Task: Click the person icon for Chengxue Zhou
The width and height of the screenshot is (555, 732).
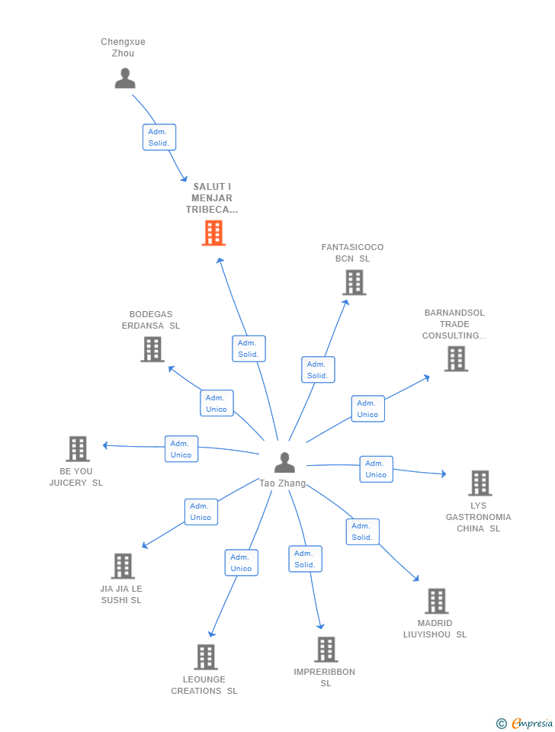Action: (125, 78)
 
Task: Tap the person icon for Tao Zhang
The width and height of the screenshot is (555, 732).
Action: (284, 463)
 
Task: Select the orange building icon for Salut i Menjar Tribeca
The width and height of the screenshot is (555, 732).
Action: (213, 233)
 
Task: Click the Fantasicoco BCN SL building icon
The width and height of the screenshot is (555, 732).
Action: (354, 283)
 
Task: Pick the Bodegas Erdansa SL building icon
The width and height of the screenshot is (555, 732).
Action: (152, 350)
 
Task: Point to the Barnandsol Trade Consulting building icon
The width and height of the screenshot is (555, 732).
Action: (456, 358)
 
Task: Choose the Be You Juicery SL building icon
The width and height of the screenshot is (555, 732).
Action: (78, 449)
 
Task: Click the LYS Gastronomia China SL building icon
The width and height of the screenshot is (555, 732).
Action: (480, 483)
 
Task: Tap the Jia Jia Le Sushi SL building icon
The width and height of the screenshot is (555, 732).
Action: (124, 566)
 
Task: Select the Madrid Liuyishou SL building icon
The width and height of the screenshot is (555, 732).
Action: (437, 601)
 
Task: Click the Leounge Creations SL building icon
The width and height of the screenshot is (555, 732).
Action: (206, 657)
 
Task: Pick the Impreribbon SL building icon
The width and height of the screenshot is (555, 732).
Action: (326, 650)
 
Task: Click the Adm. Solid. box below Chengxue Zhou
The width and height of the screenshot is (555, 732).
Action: (159, 137)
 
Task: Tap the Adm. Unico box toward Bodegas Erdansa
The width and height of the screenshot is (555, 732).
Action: (217, 403)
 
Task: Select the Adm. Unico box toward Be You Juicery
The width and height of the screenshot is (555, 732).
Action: (181, 449)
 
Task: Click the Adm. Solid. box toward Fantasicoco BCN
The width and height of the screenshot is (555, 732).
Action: (318, 370)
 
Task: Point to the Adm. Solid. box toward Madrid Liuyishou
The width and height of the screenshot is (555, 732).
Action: (363, 531)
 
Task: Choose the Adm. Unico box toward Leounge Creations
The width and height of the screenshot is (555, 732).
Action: (242, 563)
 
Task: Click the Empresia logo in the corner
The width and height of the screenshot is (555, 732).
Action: (525, 723)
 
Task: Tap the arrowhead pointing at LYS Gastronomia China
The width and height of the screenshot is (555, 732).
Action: (444, 474)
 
